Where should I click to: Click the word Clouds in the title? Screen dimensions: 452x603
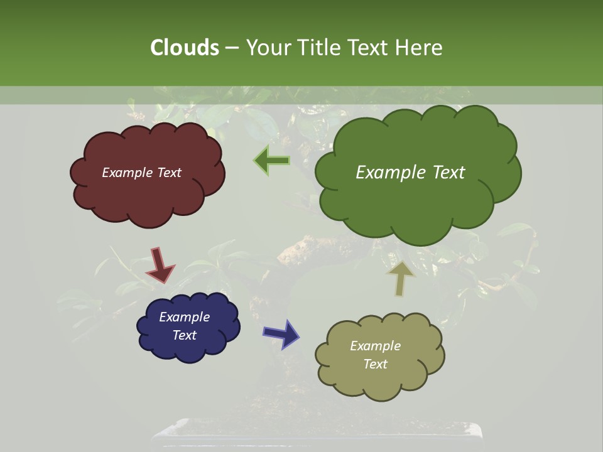[184, 48]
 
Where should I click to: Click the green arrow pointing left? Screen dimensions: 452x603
[271, 161]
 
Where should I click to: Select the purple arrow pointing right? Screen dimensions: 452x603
[281, 333]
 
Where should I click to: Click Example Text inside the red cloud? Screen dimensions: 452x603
[141, 173]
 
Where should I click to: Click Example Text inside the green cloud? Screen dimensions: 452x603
[410, 173]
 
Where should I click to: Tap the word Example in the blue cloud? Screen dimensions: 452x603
[184, 317]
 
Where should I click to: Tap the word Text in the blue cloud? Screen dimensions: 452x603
[184, 335]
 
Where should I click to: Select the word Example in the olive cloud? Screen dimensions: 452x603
[375, 346]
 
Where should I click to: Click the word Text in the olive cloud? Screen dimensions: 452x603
[375, 364]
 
